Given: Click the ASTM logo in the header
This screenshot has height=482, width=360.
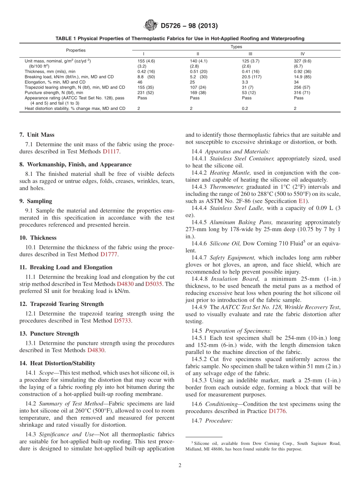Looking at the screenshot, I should point(151,26).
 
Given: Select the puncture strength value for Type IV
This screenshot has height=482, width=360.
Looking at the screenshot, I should point(301,92).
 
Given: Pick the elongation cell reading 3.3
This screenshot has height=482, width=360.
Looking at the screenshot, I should point(245,82).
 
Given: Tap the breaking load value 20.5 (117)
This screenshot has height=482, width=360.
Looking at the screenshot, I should point(252,77).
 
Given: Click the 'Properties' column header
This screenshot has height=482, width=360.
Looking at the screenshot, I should point(76,50).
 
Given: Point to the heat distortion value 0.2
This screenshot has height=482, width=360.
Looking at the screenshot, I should point(245,108).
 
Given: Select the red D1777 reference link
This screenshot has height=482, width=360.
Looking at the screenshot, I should point(109,254).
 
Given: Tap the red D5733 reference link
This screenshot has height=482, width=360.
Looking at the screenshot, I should point(122,321).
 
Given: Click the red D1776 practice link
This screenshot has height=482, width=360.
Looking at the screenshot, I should point(277,411).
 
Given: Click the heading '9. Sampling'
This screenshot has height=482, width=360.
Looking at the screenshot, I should point(36,201).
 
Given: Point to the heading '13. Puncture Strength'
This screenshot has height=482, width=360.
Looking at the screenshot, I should point(49,333).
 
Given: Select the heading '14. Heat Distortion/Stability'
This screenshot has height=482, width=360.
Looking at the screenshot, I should point(57,363).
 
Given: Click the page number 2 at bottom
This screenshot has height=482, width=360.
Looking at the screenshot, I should point(180,465).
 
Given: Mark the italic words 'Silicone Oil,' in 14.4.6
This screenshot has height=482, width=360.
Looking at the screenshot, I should point(225,244).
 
